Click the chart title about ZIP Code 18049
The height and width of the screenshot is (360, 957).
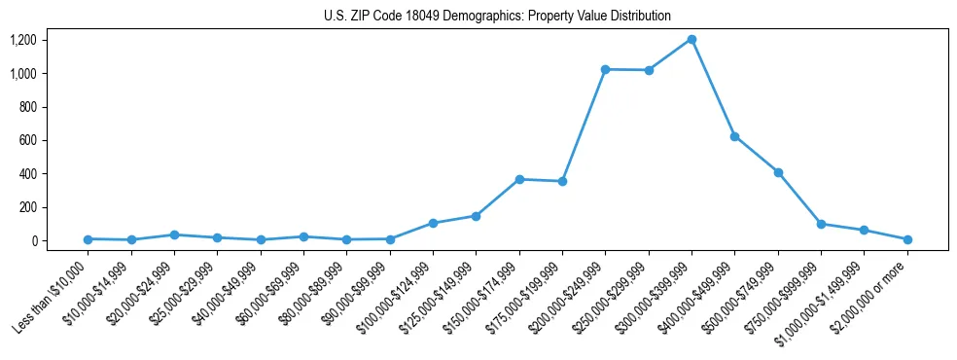497,16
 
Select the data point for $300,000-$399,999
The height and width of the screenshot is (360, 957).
691,39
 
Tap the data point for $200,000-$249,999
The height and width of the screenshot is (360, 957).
605,69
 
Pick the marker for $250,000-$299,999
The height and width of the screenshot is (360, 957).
649,70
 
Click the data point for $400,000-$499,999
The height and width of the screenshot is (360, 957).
735,136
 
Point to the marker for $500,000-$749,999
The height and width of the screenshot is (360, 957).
778,172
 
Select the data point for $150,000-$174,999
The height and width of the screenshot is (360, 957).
519,179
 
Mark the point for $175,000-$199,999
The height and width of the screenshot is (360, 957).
562,181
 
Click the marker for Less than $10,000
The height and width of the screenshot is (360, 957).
88,238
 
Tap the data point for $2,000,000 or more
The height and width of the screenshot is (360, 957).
907,238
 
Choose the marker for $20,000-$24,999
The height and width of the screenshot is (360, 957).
174,234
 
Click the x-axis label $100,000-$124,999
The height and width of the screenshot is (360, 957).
394,297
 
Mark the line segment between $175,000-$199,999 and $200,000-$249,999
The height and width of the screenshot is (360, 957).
584,126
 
